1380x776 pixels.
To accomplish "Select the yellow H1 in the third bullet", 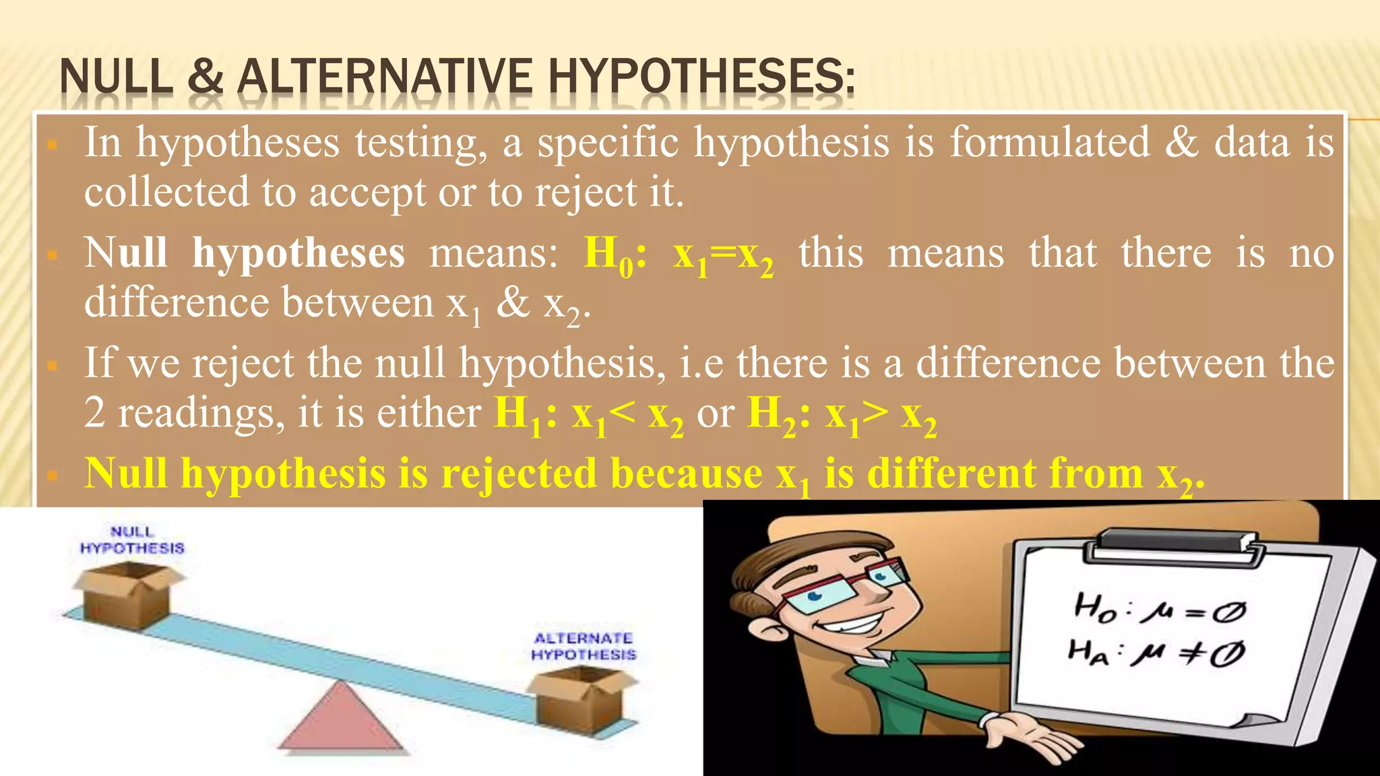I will click(x=517, y=414).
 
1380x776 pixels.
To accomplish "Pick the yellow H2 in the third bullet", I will click(x=772, y=414).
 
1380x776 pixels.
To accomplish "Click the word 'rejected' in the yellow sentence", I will click(x=519, y=474).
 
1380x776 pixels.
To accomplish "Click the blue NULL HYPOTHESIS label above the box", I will click(x=132, y=540).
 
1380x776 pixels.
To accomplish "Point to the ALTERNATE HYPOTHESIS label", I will click(x=584, y=646).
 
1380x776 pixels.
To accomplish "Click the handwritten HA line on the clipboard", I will click(x=1156, y=652).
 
